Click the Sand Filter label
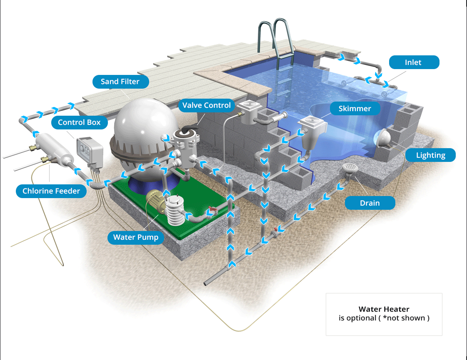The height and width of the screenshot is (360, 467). [121, 82]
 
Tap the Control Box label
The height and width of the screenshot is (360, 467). [79, 122]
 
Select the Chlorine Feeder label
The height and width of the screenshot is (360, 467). [51, 191]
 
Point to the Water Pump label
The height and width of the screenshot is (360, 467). [135, 237]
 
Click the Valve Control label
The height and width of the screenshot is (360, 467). [206, 105]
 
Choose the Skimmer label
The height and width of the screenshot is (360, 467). [355, 109]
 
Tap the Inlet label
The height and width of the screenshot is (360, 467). [414, 62]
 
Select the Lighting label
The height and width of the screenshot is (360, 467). [430, 155]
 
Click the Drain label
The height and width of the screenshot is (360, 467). [370, 203]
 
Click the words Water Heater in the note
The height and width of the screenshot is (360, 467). [384, 309]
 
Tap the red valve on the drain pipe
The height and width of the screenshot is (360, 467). [277, 229]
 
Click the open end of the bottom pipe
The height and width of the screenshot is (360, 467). [205, 283]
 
